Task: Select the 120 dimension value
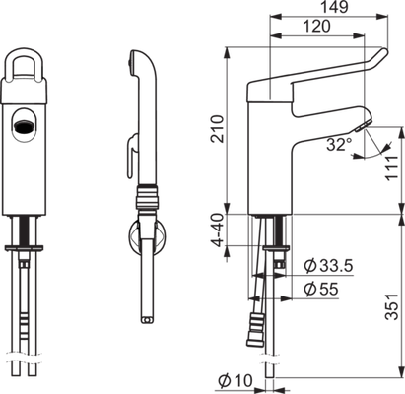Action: [316, 26]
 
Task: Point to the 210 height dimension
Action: [217, 129]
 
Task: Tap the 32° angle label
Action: [339, 145]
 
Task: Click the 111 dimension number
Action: [392, 166]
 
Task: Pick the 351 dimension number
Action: [392, 306]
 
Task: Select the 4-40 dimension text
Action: [217, 230]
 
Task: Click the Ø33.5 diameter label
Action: [328, 266]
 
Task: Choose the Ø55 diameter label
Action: [321, 290]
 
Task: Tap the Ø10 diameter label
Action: [236, 381]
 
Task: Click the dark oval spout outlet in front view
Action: [23, 126]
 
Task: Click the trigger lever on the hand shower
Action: [132, 156]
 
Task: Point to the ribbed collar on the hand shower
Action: [148, 198]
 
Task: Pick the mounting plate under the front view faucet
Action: [24, 248]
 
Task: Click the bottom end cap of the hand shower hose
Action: [147, 319]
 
